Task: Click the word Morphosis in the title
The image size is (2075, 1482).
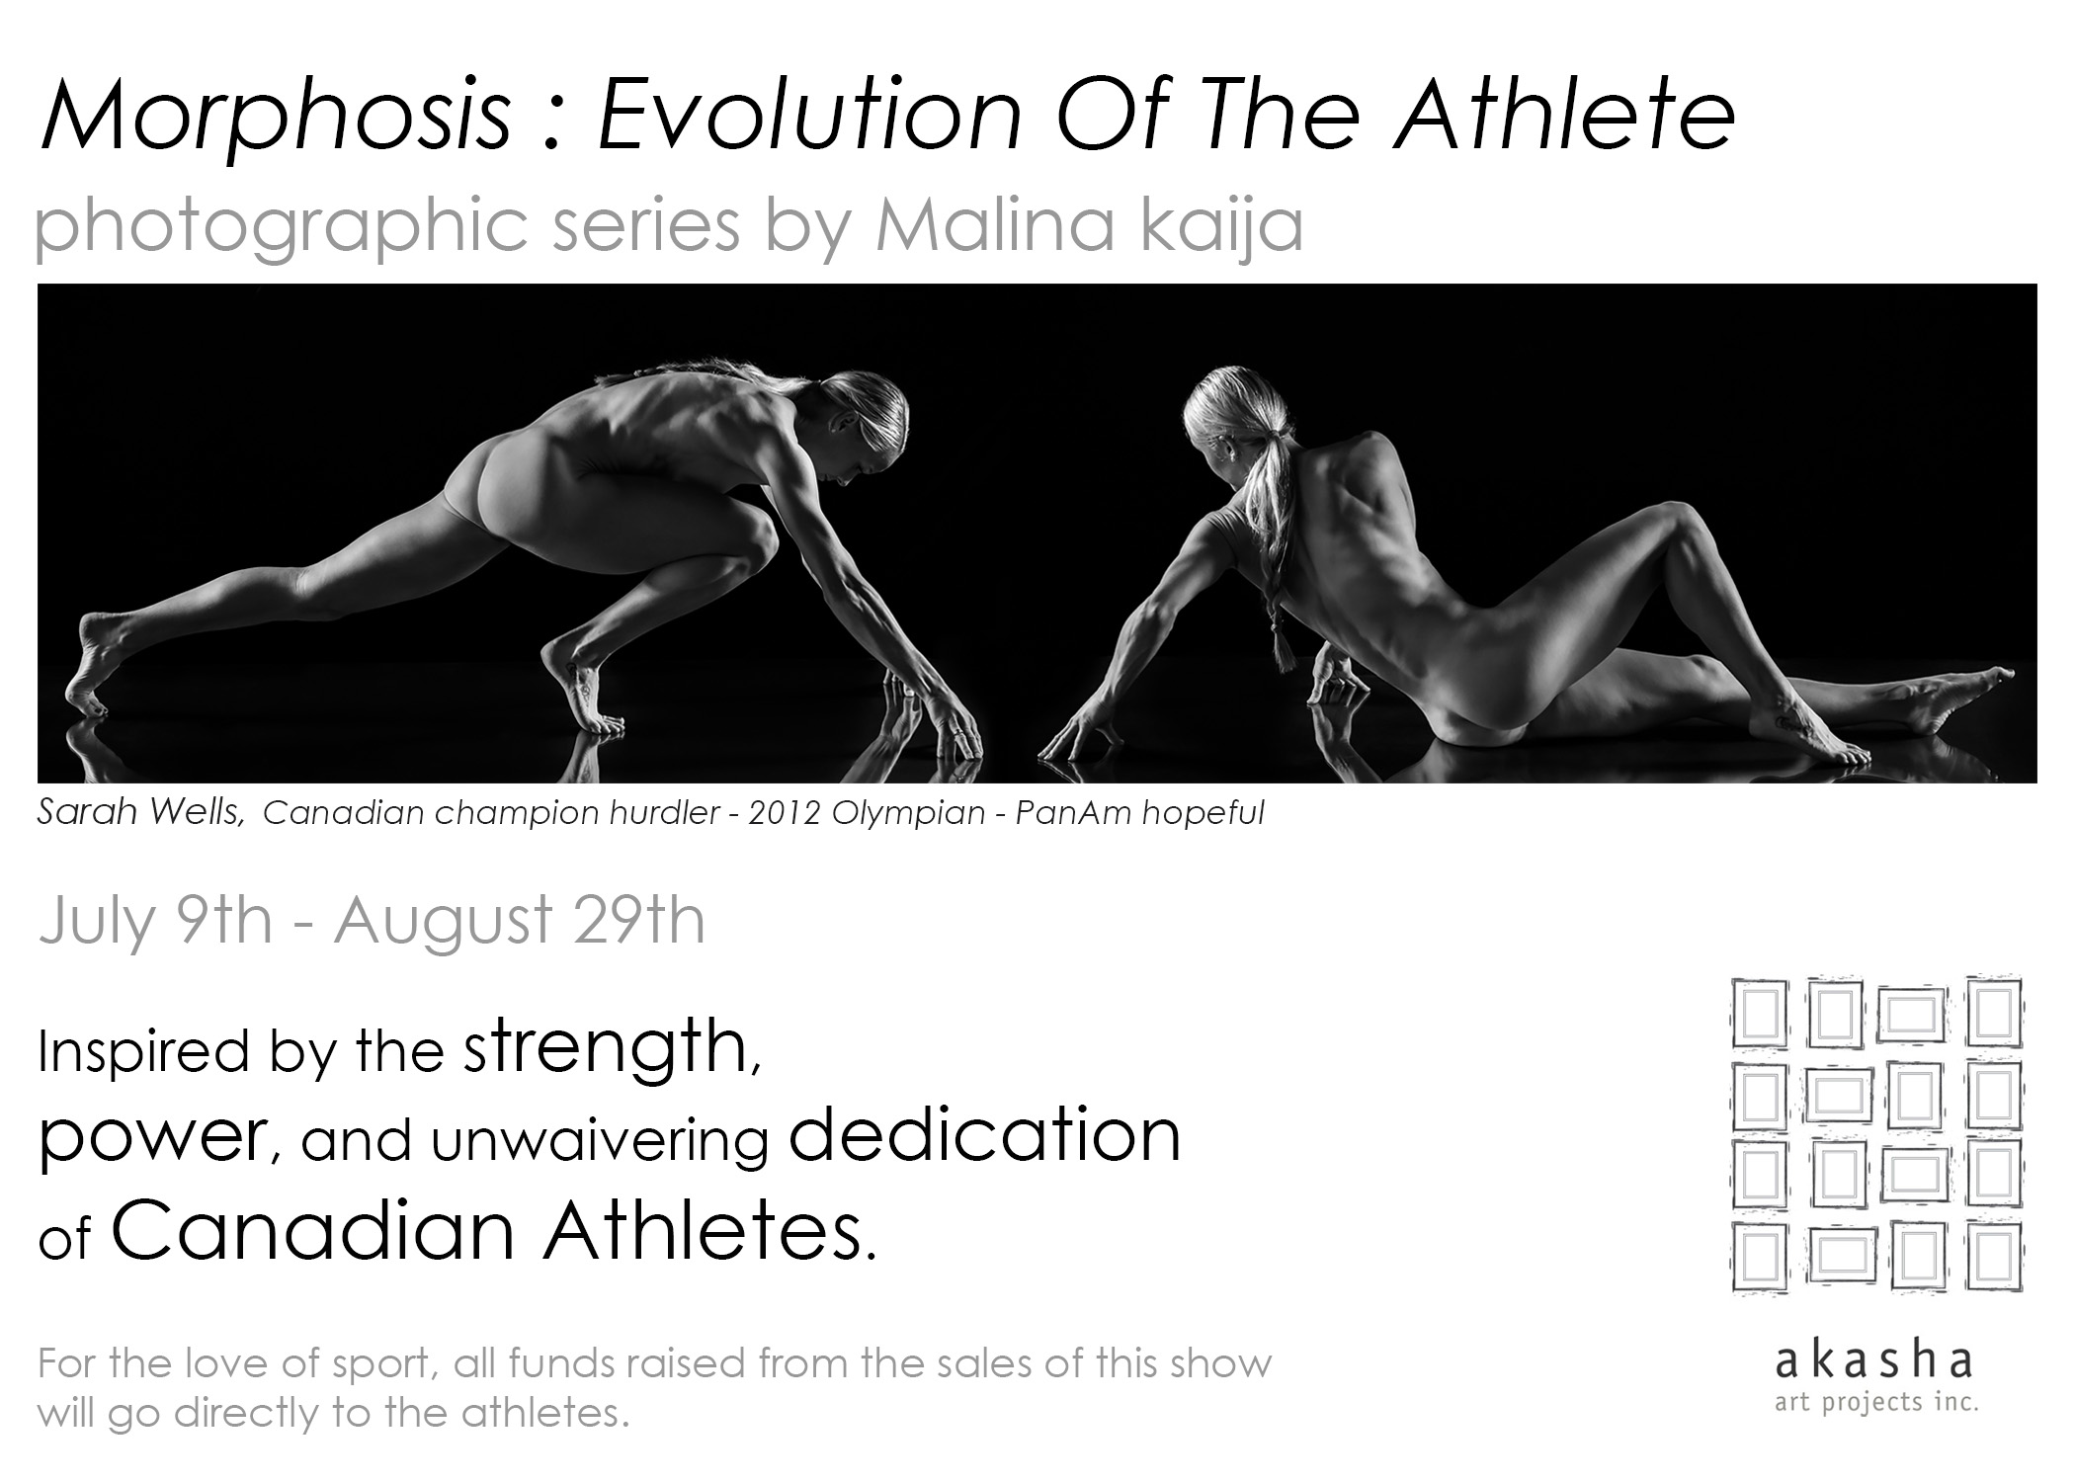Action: pos(274,123)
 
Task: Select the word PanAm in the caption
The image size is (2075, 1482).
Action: pos(1080,812)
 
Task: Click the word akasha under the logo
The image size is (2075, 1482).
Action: pos(1874,1359)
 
